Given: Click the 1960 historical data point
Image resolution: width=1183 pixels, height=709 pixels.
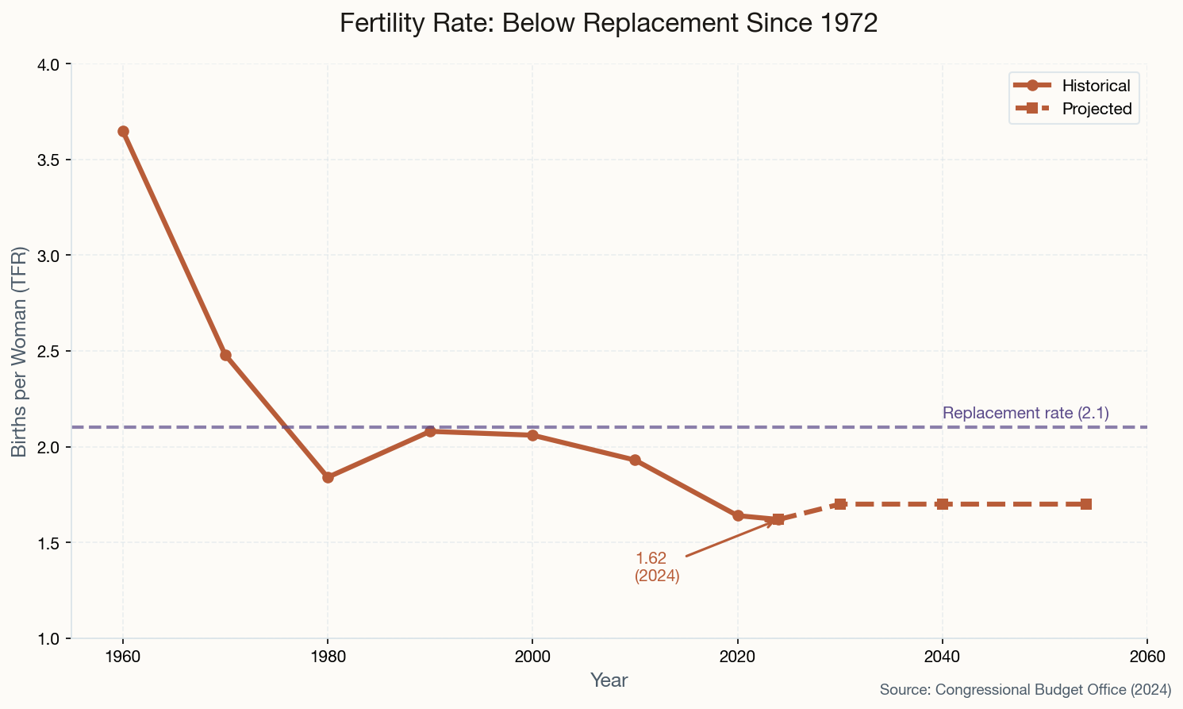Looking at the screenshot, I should [x=123, y=131].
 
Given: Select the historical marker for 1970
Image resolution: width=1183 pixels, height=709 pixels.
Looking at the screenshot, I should [x=225, y=355].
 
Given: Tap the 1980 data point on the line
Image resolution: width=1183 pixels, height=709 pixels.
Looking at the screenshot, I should [x=328, y=477].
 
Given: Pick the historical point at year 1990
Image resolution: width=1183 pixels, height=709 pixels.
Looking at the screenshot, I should [x=430, y=431].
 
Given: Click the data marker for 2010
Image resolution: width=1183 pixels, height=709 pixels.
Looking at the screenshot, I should [x=635, y=460].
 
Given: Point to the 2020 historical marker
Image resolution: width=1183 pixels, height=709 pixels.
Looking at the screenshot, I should [x=738, y=515].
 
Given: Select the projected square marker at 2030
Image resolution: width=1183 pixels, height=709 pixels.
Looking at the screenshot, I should [x=840, y=504].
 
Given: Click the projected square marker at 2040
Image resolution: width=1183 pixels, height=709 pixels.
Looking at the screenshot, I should [x=942, y=504].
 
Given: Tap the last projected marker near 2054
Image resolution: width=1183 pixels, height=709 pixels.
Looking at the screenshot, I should [x=1085, y=504].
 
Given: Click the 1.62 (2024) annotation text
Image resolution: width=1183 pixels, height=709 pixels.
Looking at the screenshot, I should [x=656, y=567].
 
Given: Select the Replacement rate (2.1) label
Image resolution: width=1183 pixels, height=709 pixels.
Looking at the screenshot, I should [x=1025, y=413].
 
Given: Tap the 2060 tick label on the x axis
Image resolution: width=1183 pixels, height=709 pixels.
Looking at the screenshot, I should [x=1147, y=657].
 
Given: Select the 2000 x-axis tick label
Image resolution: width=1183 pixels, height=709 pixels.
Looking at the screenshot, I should [x=532, y=657].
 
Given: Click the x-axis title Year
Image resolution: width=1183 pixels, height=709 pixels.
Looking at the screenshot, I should [x=609, y=680].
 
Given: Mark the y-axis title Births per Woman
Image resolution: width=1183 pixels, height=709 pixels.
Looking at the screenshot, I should [x=20, y=351].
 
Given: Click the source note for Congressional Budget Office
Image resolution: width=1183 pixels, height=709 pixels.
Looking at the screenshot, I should [x=1025, y=690].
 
